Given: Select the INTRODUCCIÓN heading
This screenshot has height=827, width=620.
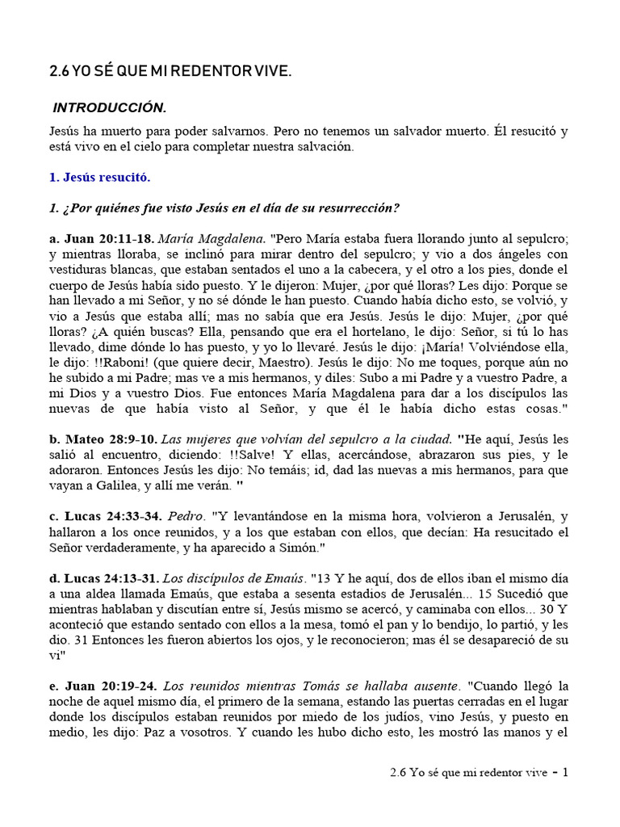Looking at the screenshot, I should (x=109, y=107).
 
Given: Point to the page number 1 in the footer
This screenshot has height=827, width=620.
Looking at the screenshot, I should (x=565, y=771).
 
